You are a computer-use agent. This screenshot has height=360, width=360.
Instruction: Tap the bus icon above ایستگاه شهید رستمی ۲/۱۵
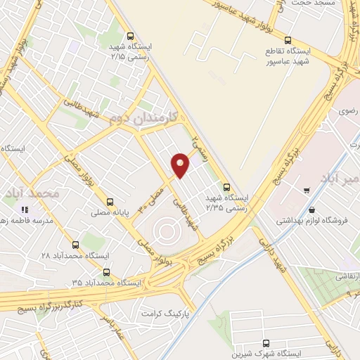click(130, 37)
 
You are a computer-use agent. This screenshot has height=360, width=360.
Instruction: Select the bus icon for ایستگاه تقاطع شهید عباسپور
click(288, 40)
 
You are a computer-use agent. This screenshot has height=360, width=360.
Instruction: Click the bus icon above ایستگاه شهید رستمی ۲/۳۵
click(226, 187)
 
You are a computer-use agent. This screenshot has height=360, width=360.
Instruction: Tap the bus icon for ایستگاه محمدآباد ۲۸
click(75, 244)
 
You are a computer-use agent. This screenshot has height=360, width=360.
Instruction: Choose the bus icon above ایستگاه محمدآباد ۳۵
click(106, 272)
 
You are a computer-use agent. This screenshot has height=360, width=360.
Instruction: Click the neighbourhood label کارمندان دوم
click(149, 120)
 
